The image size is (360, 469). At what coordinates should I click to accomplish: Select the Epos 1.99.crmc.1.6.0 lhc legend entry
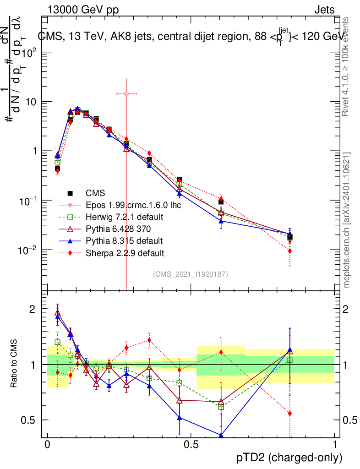click(133, 205)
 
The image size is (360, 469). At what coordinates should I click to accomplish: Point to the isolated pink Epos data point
click(126, 93)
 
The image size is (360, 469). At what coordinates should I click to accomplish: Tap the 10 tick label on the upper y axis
click(33, 102)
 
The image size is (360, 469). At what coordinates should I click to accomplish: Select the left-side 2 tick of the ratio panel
click(33, 309)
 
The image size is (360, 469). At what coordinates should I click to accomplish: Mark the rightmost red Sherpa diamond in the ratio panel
click(289, 414)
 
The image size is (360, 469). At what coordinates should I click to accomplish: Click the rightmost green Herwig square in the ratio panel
click(289, 360)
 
